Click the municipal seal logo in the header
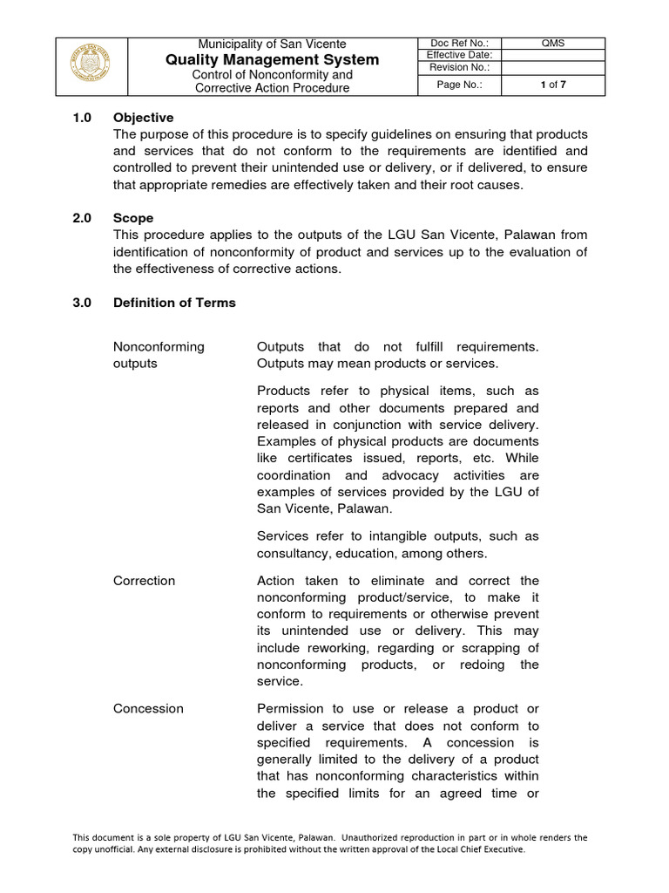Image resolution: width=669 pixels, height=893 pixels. [91, 66]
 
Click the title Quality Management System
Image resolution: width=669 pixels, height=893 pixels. [272, 59]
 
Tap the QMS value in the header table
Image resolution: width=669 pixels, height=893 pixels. [553, 44]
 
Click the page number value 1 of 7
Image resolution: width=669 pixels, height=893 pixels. [553, 85]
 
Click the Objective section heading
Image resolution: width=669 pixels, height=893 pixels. [143, 118]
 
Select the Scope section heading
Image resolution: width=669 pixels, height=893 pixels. [133, 219]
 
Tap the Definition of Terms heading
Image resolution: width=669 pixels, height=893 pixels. [174, 303]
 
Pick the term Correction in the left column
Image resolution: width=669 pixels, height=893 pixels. [144, 581]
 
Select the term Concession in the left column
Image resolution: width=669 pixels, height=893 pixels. [148, 709]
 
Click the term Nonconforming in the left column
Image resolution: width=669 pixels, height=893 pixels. [159, 346]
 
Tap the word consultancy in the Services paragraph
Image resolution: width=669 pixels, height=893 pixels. [291, 554]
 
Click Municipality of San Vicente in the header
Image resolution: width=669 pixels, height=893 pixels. [272, 44]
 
